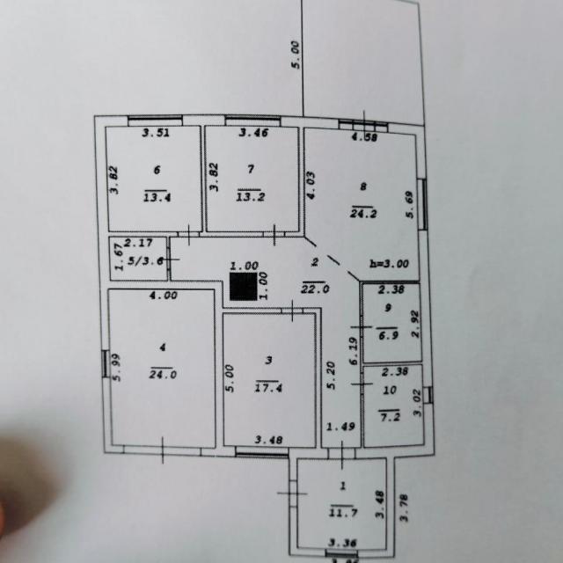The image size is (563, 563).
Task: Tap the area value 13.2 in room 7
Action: pyautogui.click(x=251, y=196)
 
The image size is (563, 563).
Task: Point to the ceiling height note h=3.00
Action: pyautogui.click(x=389, y=263)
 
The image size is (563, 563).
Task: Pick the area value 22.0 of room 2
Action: pyautogui.click(x=315, y=288)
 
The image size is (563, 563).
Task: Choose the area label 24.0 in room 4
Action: pyautogui.click(x=164, y=373)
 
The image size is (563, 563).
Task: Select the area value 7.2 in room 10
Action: pyautogui.click(x=390, y=416)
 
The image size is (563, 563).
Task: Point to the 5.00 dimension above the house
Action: pyautogui.click(x=296, y=55)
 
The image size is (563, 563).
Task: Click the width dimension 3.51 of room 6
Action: pyautogui.click(x=156, y=133)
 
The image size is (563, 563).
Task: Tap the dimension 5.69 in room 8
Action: pyautogui.click(x=410, y=204)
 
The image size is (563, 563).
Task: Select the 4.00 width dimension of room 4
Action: pyautogui.click(x=164, y=296)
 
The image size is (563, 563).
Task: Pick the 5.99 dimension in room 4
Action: pyautogui.click(x=115, y=364)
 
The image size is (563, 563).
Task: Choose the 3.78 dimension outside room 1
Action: pyautogui.click(x=405, y=509)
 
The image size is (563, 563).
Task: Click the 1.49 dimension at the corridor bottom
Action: pyautogui.click(x=340, y=427)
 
